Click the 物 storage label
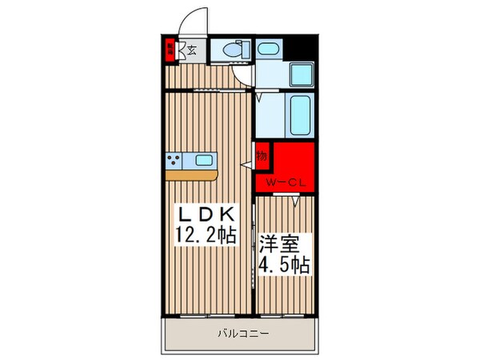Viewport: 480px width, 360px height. tap(262, 154)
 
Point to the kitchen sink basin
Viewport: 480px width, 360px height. tap(203, 158)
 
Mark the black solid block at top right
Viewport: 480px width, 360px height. tap(302, 49)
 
